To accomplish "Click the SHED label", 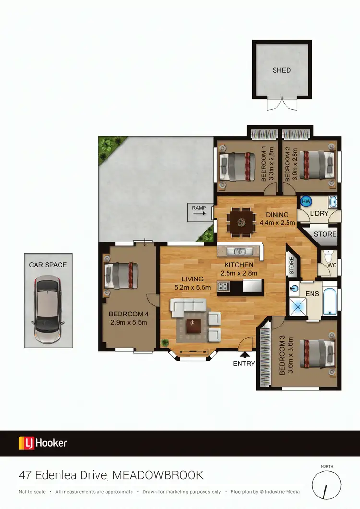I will click(x=282, y=70).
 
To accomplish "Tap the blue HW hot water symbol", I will click(x=306, y=201).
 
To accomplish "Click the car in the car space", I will click(x=48, y=309).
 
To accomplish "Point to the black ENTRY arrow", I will click(x=245, y=355).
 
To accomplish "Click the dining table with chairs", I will click(x=239, y=222).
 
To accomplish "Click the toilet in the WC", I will click(x=328, y=255).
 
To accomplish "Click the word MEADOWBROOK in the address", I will click(x=158, y=475).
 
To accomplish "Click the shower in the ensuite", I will click(x=300, y=305).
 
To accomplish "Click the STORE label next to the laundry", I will click(x=325, y=234).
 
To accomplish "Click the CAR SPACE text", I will click(x=48, y=265).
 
